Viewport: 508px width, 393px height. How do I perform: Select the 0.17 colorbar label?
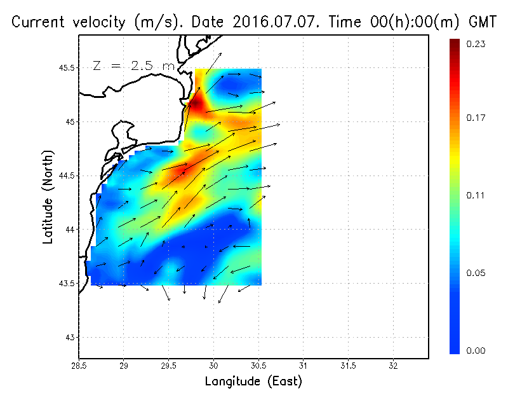(x=476, y=118)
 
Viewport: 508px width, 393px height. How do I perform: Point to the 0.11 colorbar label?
(x=476, y=195)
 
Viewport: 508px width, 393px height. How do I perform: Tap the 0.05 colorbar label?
(x=476, y=273)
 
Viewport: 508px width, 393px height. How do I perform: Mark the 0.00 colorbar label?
(x=476, y=350)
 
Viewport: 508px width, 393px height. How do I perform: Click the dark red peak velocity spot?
(x=196, y=103)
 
